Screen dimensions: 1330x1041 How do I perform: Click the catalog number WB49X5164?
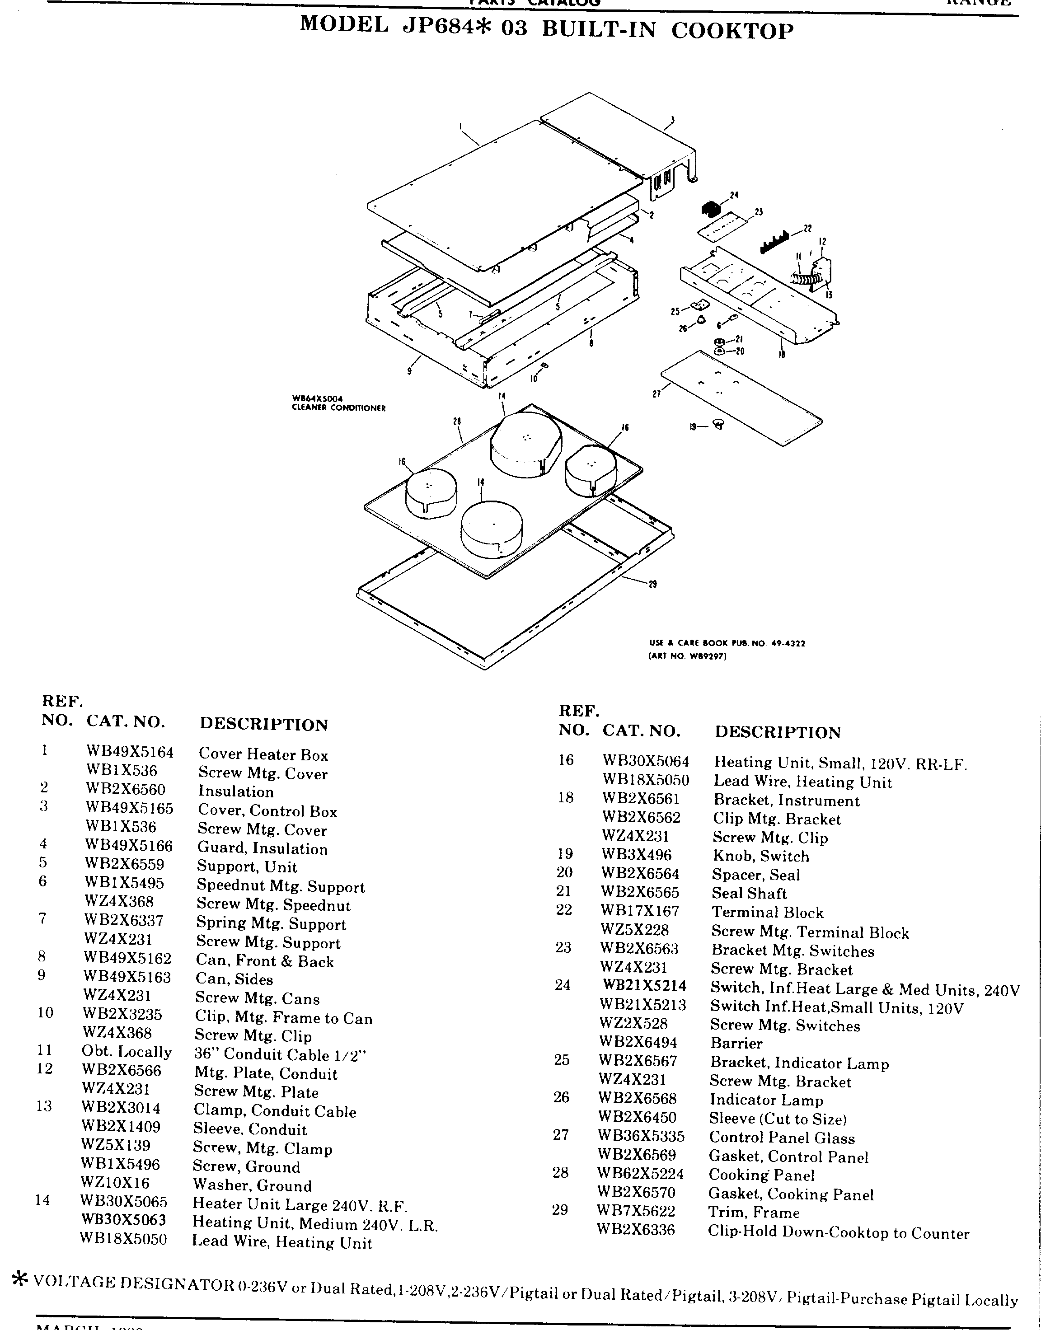(x=129, y=753)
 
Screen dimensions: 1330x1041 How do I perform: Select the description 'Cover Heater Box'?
(x=263, y=755)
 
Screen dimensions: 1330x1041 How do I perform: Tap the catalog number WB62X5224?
(x=640, y=1173)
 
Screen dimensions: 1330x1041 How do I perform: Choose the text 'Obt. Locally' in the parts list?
(x=127, y=1052)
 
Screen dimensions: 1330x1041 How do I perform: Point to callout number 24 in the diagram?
(x=734, y=195)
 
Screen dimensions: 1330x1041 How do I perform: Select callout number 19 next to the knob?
(x=693, y=427)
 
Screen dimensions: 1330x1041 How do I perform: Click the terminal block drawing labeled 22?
(x=774, y=242)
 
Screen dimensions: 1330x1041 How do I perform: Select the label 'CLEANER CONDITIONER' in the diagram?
(x=338, y=408)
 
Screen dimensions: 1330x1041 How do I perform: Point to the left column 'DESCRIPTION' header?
(x=264, y=724)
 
